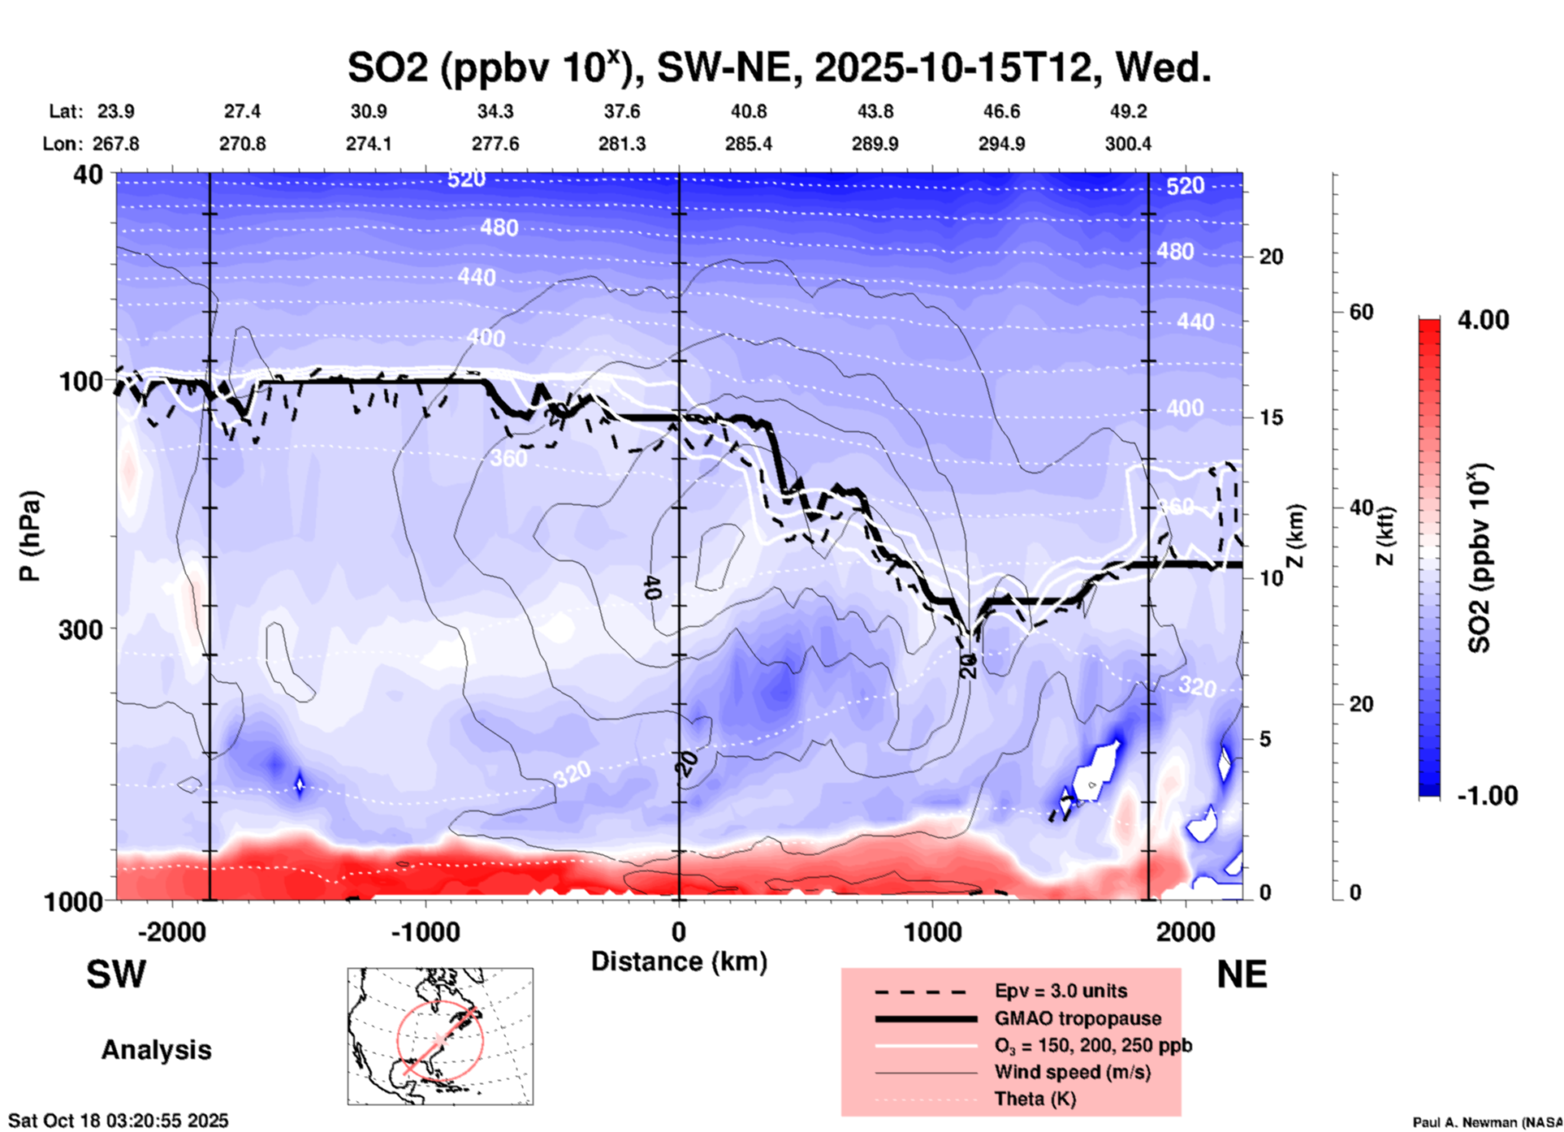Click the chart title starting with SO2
click(780, 67)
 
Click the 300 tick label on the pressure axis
click(80, 629)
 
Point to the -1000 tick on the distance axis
click(425, 931)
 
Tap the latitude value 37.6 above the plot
click(622, 111)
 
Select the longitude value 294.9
click(1001, 144)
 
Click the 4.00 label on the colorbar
click(1483, 320)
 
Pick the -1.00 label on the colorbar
click(1487, 796)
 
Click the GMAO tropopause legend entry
click(1078, 1018)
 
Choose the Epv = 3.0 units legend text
click(1061, 991)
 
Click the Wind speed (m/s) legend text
click(1072, 1072)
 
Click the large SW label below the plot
click(116, 974)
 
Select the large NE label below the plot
click(1242, 974)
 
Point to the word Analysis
click(156, 1050)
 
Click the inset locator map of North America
click(440, 1036)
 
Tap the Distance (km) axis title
click(679, 961)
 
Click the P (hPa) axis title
click(29, 536)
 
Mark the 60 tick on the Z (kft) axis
click(1361, 312)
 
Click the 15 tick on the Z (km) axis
click(1271, 417)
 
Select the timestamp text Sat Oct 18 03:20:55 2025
click(119, 1121)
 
